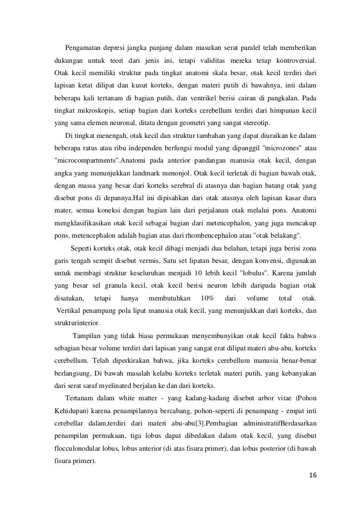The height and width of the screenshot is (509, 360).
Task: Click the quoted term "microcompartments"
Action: click(x=86, y=161)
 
